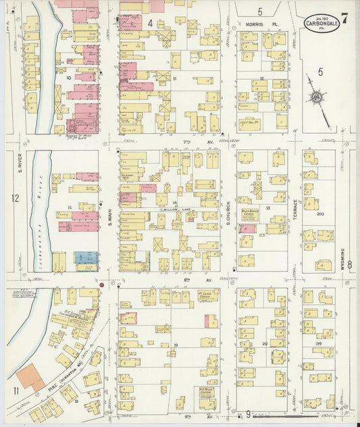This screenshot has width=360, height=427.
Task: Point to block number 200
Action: [x=320, y=213]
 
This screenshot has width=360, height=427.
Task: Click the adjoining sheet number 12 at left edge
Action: [x=16, y=199]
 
